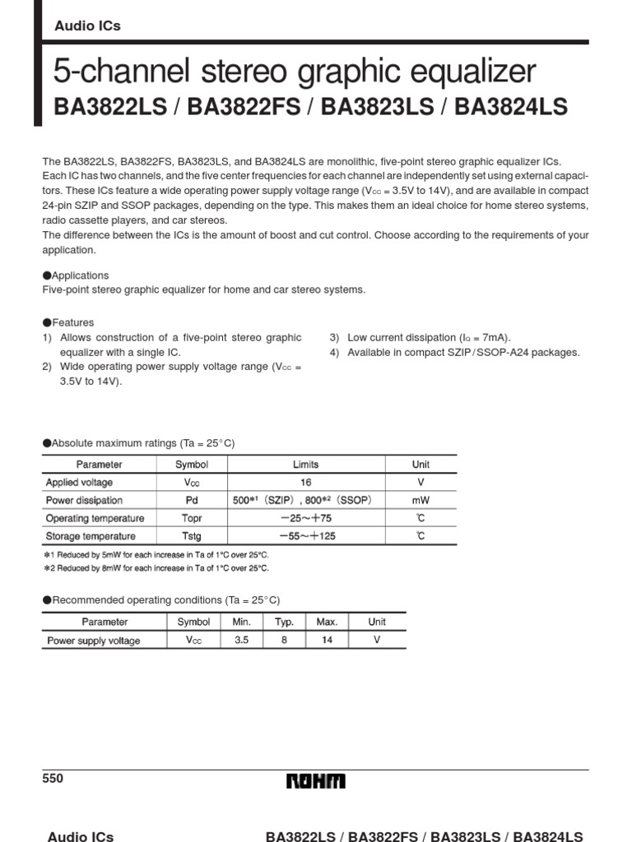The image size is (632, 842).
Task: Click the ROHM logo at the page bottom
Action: pyautogui.click(x=316, y=781)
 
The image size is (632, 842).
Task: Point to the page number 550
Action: pyautogui.click(x=53, y=779)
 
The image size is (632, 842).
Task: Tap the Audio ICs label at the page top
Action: pyautogui.click(x=87, y=25)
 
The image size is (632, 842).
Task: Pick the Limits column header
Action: pyautogui.click(x=305, y=465)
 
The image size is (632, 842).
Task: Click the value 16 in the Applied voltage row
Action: pyautogui.click(x=305, y=483)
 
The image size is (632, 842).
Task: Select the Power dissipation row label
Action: pyautogui.click(x=84, y=501)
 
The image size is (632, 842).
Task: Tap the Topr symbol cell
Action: pyautogui.click(x=191, y=519)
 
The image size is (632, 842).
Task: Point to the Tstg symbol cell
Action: pyautogui.click(x=191, y=537)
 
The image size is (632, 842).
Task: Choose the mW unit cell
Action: pyautogui.click(x=421, y=501)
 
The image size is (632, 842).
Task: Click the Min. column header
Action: pyautogui.click(x=241, y=622)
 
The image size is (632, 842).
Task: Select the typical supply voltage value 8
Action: pyautogui.click(x=284, y=641)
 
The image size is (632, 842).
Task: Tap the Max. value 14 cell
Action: pyautogui.click(x=327, y=641)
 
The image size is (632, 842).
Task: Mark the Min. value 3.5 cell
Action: pyautogui.click(x=241, y=641)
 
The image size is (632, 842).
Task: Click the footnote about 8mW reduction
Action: pyautogui.click(x=156, y=568)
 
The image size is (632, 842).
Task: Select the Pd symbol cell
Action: pyautogui.click(x=191, y=501)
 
